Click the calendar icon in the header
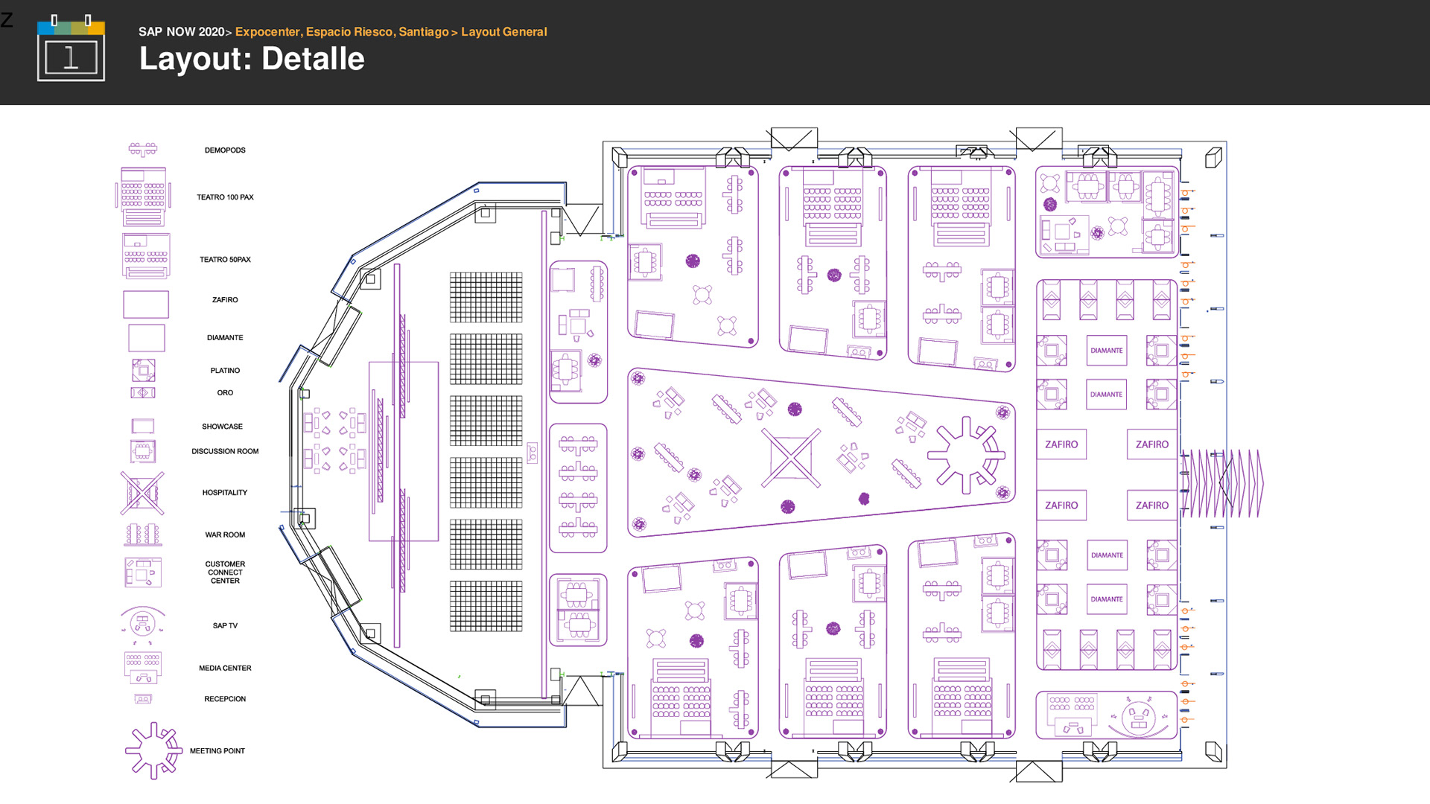(71, 49)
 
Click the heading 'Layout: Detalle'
(252, 59)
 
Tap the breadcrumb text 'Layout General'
(503, 32)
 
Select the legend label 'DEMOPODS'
(225, 150)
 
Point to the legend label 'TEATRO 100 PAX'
(225, 197)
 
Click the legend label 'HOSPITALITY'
(224, 493)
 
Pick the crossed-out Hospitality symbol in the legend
(142, 493)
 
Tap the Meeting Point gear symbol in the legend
(153, 750)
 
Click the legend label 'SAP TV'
(225, 626)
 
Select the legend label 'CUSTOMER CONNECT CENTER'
(225, 572)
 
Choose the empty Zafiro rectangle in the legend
(146, 304)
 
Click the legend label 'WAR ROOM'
(225, 535)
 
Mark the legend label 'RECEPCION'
(225, 699)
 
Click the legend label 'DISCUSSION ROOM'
(225, 452)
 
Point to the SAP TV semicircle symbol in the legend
(142, 622)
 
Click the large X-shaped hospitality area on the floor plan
(790, 458)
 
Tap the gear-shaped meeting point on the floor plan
(966, 455)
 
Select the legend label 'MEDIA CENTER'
(225, 669)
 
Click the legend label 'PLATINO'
(225, 371)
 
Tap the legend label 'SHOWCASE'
(222, 427)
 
